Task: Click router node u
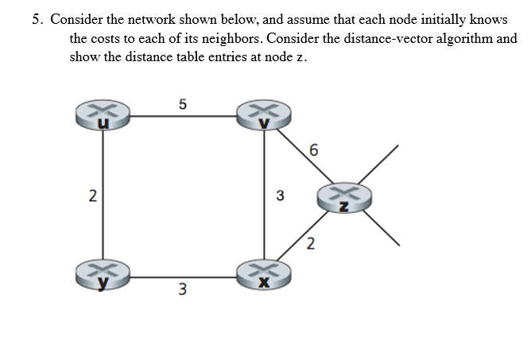click(101, 116)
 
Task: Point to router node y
click(101, 273)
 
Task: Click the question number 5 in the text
click(37, 19)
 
